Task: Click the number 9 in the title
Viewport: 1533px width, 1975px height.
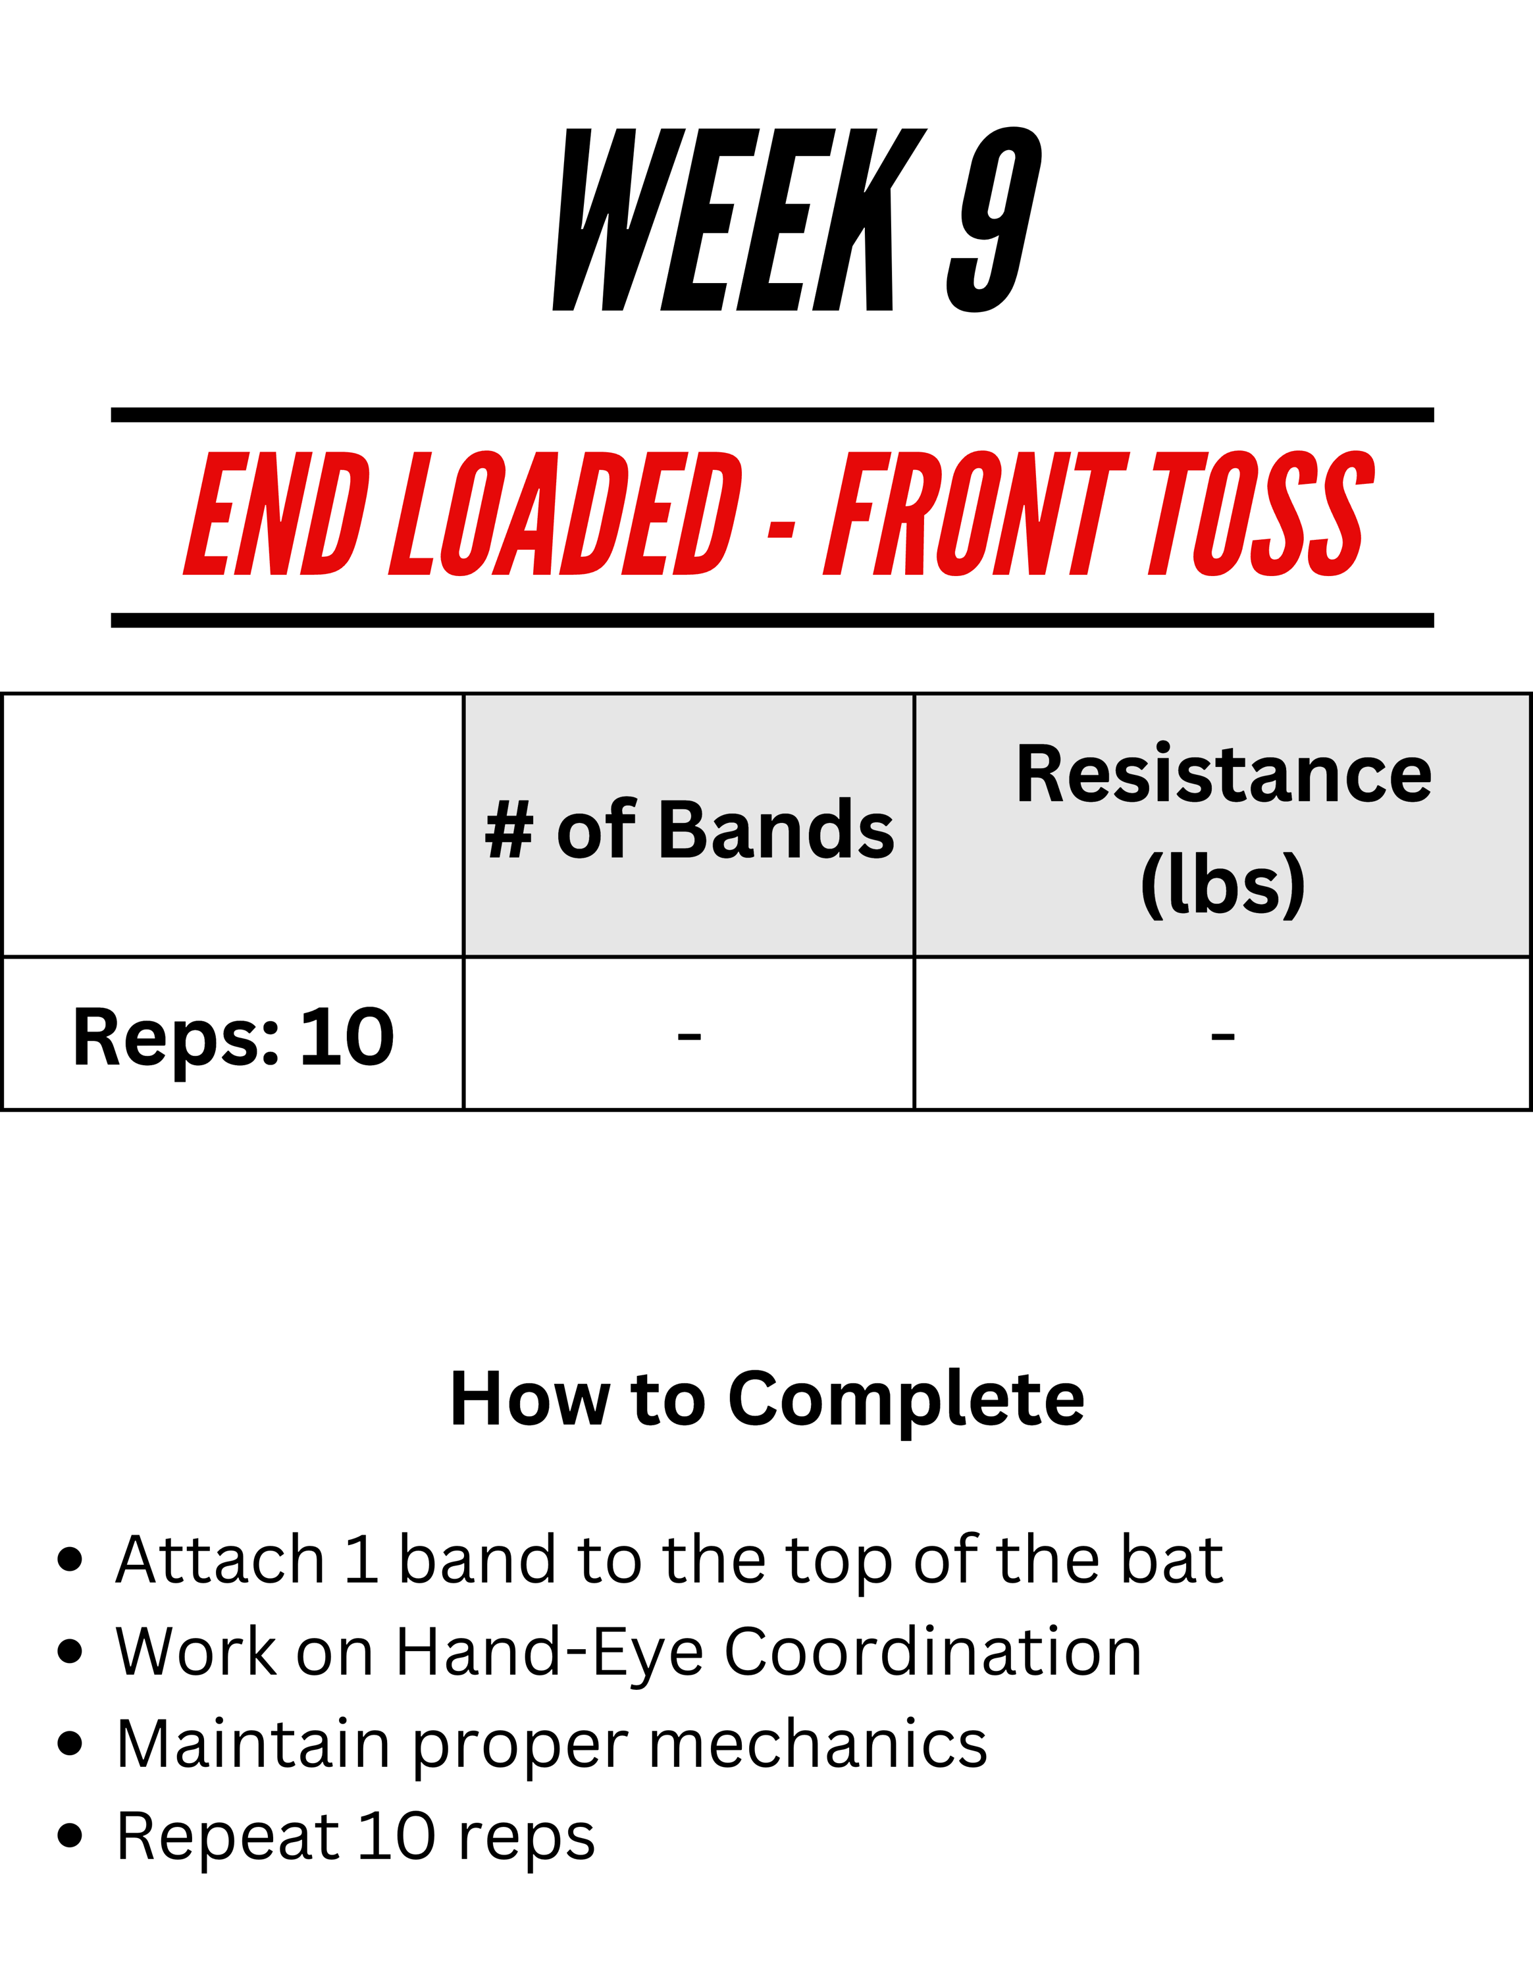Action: pyautogui.click(x=995, y=220)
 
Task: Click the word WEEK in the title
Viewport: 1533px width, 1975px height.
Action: pyautogui.click(x=739, y=220)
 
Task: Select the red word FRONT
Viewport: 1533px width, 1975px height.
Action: pyautogui.click(x=976, y=513)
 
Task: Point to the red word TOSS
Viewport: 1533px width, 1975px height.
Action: pyautogui.click(x=1262, y=513)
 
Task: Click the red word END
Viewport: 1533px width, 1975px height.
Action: pyautogui.click(x=276, y=513)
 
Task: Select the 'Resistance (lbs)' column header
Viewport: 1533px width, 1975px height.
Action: pyautogui.click(x=1224, y=829)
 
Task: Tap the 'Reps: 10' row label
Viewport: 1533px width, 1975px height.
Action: pyautogui.click(x=233, y=1038)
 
